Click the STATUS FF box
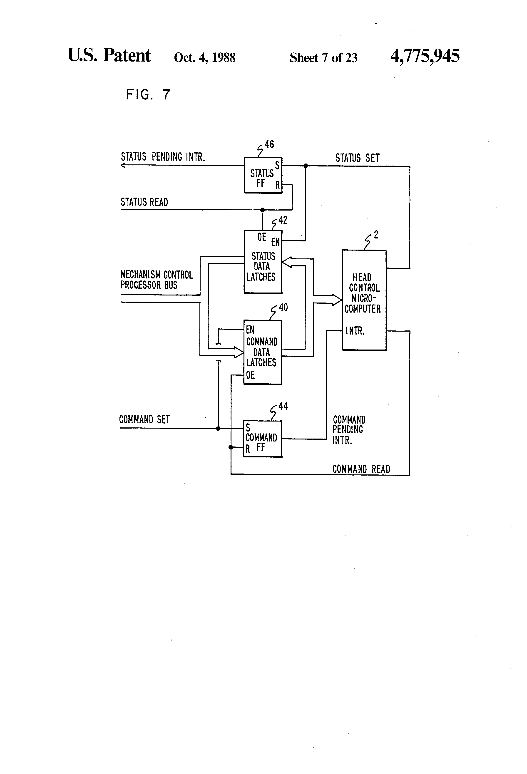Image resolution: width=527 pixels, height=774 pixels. pyautogui.click(x=263, y=175)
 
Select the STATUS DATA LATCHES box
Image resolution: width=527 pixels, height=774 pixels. pyautogui.click(x=263, y=262)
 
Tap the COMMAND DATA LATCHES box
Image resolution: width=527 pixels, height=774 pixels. pyautogui.click(x=263, y=352)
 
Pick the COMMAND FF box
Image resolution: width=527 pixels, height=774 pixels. pyautogui.click(x=263, y=439)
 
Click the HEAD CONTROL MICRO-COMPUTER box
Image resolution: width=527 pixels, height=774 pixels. pyautogui.click(x=364, y=300)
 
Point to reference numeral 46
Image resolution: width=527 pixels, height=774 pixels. pyautogui.click(x=269, y=144)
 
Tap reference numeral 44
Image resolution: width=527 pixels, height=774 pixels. pyautogui.click(x=283, y=406)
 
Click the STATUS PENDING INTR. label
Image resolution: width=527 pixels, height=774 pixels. pyautogui.click(x=163, y=157)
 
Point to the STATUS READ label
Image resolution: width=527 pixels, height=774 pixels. pyautogui.click(x=144, y=202)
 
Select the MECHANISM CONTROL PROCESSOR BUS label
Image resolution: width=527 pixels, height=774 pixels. pyautogui.click(x=157, y=280)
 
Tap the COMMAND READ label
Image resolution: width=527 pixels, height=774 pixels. pyautogui.click(x=361, y=469)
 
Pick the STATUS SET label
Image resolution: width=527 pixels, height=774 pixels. pyautogui.click(x=358, y=158)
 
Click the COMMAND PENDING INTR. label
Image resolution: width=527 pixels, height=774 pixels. pyautogui.click(x=349, y=430)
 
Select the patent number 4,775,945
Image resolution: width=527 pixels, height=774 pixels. pyautogui.click(x=425, y=56)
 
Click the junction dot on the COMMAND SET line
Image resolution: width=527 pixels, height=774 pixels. pyautogui.click(x=218, y=428)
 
